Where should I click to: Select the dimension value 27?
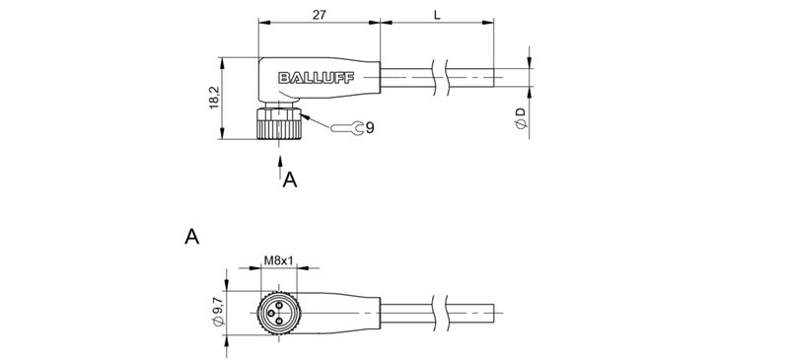tap(319, 13)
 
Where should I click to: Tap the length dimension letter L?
tap(436, 13)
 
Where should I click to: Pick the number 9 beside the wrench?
tap(369, 127)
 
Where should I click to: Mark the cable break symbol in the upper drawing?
tap(440, 78)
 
